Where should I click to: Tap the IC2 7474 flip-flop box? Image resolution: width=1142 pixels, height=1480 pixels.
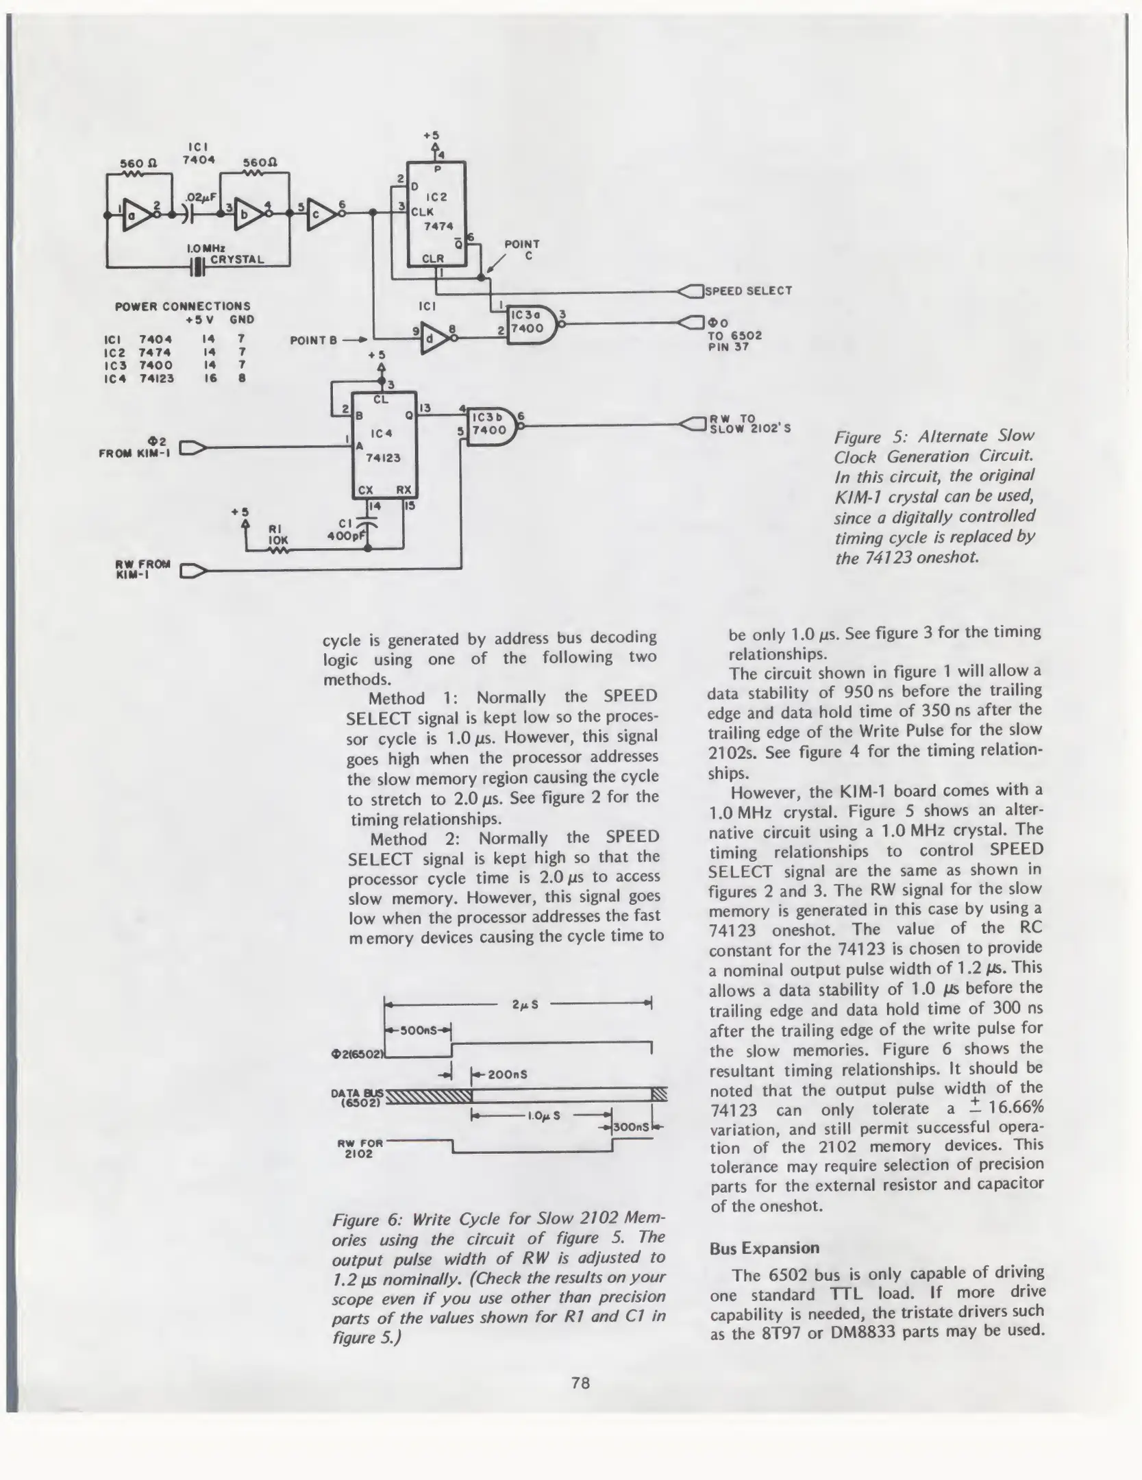[436, 213]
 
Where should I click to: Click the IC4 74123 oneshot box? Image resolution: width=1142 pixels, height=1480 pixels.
[384, 445]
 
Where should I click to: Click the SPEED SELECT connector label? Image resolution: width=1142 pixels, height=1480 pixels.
[748, 291]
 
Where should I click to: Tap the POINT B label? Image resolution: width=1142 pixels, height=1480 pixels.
[313, 340]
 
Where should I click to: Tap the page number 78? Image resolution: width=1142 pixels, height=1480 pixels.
[580, 1383]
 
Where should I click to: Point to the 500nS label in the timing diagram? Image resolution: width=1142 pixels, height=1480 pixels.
[417, 1031]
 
